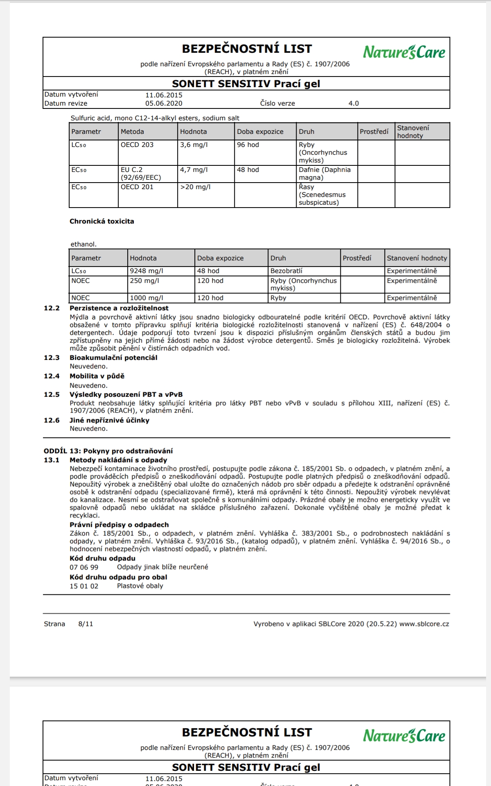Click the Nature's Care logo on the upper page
pos(404,52)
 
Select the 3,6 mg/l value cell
pos(194,145)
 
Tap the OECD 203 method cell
pos(137,145)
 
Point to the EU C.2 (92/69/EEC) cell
pos(141,174)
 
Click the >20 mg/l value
pos(195,187)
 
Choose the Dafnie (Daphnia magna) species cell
pos(324,174)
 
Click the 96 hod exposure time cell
pos(248,145)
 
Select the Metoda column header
pos(132,132)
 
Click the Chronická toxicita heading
pos(102,221)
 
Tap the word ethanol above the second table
pos(83,244)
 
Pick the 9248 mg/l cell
pos(146,271)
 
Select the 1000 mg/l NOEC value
pos(146,298)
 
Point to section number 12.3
pos(52,358)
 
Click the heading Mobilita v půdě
pos(97,376)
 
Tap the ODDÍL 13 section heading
pos(108,451)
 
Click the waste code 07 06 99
pos(84,567)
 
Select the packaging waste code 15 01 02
pos(84,586)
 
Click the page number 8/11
pos(86,624)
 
